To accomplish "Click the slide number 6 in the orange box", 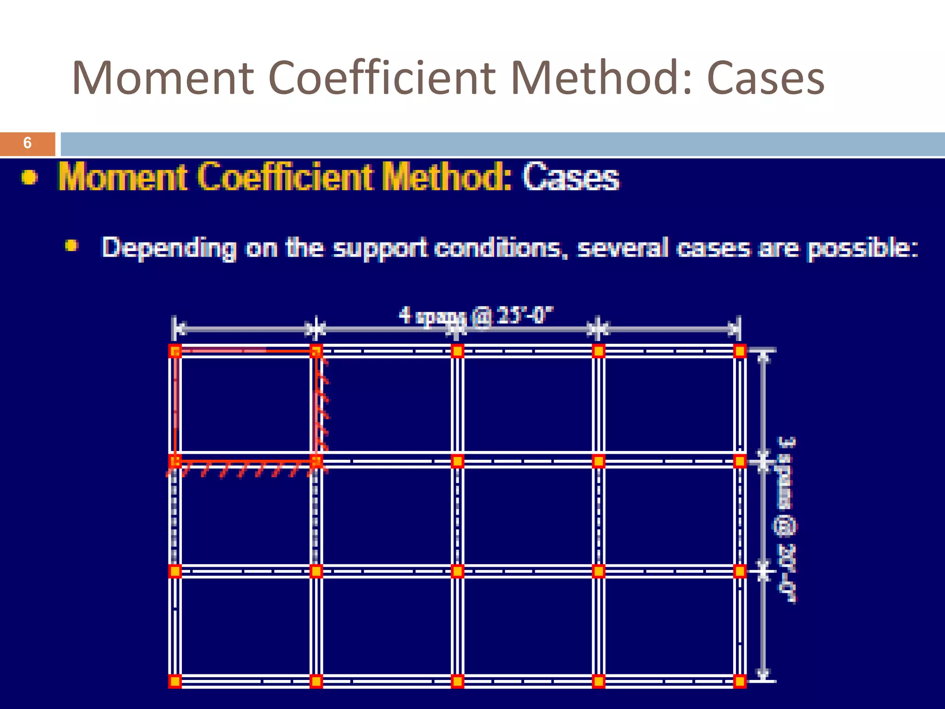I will pos(27,143).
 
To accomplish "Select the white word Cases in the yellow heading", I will pos(571,177).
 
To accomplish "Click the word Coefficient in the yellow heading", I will pos(286,177).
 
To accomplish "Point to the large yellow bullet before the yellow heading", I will pos(30,177).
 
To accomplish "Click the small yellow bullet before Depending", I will pos(71,245).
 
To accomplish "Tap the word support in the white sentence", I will pos(379,248).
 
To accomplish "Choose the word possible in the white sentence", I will pos(862,248).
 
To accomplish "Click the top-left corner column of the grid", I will pos(175,351).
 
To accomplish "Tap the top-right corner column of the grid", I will pos(739,351).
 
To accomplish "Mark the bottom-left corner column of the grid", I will pos(175,681).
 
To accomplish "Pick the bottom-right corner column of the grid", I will pos(739,681).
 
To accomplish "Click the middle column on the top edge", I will pos(457,351).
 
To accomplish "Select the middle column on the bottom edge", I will pos(457,681).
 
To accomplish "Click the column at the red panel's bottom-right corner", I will pos(316,461).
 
